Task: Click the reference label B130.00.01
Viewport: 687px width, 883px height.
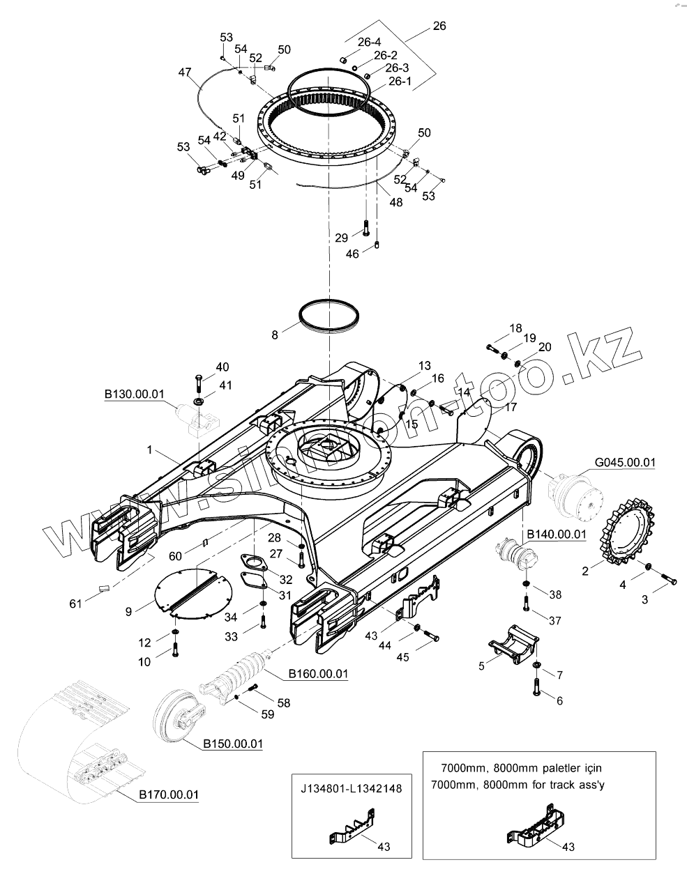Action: (x=134, y=394)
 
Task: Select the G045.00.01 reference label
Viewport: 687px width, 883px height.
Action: (x=626, y=462)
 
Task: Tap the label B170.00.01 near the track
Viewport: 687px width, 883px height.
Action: (x=169, y=794)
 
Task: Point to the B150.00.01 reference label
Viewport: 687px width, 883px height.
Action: (x=233, y=744)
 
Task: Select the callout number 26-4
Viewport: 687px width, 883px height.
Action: (x=370, y=43)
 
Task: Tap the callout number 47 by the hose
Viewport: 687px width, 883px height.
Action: (x=184, y=72)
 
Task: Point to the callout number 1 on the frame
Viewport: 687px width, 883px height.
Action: (x=149, y=451)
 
